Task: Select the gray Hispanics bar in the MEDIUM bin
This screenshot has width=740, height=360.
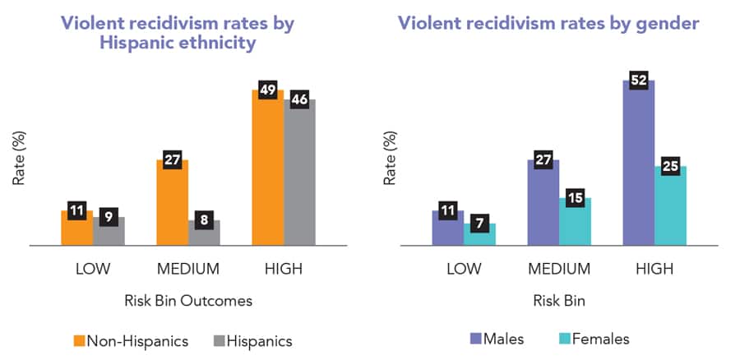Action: pyautogui.click(x=204, y=234)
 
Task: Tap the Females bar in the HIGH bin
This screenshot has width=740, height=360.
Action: pyautogui.click(x=670, y=210)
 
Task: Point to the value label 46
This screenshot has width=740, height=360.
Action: pyautogui.click(x=298, y=99)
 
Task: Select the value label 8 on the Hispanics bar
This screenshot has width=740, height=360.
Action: pyautogui.click(x=204, y=219)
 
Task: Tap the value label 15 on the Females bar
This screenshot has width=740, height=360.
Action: pyautogui.click(x=574, y=197)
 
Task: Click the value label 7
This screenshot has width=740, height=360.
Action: pyautogui.click(x=479, y=223)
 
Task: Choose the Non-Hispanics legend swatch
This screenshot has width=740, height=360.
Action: pyautogui.click(x=79, y=339)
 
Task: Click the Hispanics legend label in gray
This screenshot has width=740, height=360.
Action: pyautogui.click(x=259, y=339)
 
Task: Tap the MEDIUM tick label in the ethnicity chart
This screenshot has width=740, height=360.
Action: pyautogui.click(x=188, y=269)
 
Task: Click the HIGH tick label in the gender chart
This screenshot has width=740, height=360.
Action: pyautogui.click(x=654, y=269)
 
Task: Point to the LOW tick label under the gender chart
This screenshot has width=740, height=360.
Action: pyautogui.click(x=463, y=269)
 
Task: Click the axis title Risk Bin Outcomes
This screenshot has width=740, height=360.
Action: pyautogui.click(x=189, y=300)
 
